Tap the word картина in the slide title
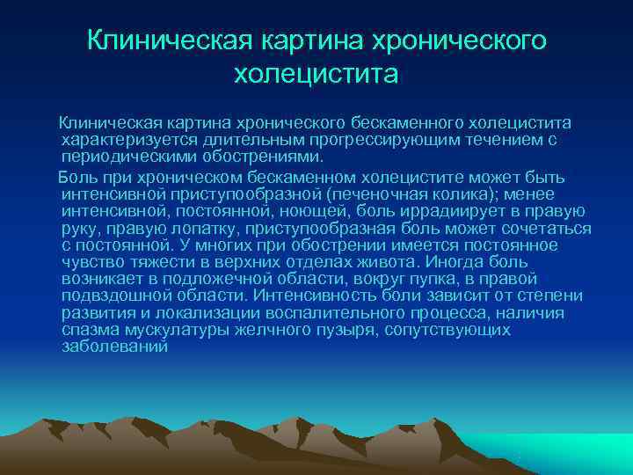coord(295,40)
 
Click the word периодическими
coord(120,157)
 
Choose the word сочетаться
coord(549,227)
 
